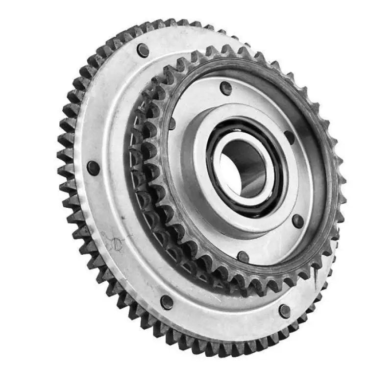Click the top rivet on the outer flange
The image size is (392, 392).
143,49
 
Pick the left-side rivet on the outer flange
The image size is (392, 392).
93,168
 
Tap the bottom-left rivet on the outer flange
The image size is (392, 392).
167,302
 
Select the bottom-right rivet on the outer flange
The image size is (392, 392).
284,310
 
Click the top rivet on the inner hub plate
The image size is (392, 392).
225,88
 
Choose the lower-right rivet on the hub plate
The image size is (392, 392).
297,220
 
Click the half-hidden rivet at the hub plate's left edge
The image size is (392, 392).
172,123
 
